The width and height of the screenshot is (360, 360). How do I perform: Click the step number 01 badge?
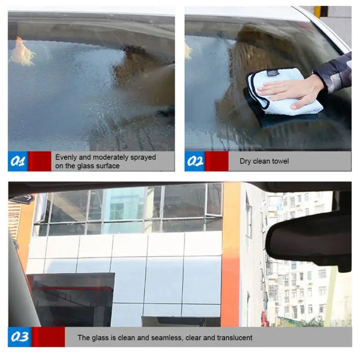coord(18,161)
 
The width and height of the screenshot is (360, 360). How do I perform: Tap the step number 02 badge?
coord(195,161)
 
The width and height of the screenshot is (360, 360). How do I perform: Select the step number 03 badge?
coord(20,337)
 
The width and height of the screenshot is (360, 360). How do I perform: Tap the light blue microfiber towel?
coord(283,92)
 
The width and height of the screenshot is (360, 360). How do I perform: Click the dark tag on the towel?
coord(273,73)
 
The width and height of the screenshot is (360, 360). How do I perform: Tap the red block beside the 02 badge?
coord(217,161)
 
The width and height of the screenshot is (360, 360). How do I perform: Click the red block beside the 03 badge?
coord(48,337)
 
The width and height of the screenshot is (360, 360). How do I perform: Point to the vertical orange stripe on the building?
coord(231,254)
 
